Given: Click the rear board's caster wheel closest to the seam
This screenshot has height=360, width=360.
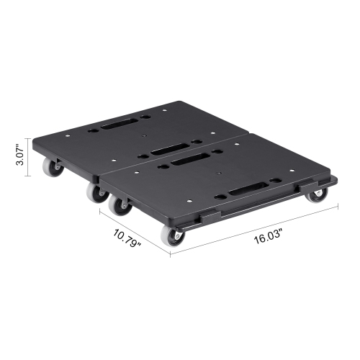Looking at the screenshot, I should tap(95, 193).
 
